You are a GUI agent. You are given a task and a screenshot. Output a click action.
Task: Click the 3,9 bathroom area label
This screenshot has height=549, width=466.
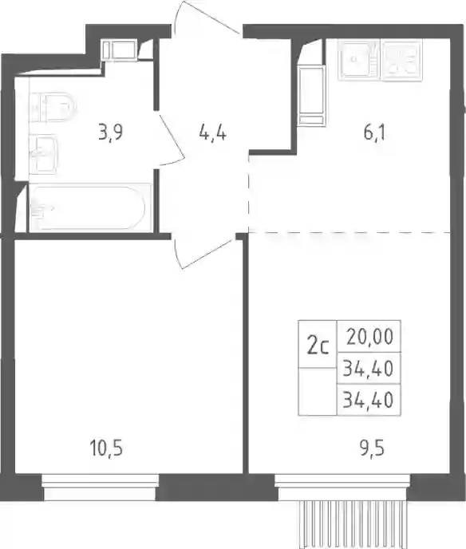[111, 133]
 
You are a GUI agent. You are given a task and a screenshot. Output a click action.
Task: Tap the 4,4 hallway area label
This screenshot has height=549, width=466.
[213, 133]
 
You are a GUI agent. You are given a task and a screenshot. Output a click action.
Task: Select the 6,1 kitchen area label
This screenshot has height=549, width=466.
[374, 133]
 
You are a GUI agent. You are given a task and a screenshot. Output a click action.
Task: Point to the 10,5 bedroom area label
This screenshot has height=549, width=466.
[107, 448]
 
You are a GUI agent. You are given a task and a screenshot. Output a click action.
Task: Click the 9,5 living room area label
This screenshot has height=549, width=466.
[372, 448]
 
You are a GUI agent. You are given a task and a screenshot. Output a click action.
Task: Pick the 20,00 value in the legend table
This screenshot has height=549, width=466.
[370, 337]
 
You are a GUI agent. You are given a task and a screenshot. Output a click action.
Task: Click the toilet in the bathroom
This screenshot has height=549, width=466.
[53, 107]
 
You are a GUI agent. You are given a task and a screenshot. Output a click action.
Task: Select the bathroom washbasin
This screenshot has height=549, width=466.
[43, 154]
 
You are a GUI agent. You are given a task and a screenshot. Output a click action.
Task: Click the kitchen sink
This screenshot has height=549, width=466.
[358, 60]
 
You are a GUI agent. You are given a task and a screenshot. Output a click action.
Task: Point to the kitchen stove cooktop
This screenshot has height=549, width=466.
[402, 60]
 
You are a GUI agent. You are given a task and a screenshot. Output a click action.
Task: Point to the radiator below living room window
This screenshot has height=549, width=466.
[351, 524]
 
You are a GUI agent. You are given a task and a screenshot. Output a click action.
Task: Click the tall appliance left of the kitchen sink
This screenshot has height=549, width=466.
[311, 97]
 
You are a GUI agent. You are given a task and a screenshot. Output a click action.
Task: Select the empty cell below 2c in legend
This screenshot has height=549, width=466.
[318, 392]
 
